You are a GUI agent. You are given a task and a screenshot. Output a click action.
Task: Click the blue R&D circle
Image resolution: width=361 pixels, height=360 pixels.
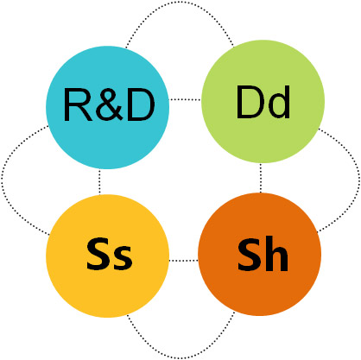point(107,107)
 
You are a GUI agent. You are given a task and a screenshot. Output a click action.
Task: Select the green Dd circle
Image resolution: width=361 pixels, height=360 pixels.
point(263,101)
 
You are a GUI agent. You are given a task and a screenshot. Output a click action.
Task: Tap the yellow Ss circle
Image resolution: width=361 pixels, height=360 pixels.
point(107,256)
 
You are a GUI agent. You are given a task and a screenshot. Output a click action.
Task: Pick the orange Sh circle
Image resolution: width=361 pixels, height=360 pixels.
point(259,254)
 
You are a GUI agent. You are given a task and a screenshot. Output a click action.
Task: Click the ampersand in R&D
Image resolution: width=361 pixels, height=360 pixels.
point(110,104)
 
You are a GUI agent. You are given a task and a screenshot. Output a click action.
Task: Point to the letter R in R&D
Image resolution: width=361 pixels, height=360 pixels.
point(78,104)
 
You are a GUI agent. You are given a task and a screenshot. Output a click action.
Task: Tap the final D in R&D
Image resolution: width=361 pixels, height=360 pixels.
point(141,104)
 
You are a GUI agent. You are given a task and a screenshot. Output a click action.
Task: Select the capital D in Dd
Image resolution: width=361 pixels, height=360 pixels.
point(250,102)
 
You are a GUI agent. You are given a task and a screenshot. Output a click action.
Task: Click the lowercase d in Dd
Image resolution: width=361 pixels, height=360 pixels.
point(278,102)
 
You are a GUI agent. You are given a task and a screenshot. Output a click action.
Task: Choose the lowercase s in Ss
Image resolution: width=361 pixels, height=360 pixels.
point(123,258)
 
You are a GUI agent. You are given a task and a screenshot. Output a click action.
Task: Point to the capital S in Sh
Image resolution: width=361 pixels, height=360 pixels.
point(250,254)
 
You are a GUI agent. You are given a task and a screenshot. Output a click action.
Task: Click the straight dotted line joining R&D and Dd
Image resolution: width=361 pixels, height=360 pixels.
point(185,99)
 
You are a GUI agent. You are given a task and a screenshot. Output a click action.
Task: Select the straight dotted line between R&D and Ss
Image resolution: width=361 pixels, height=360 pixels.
point(99,182)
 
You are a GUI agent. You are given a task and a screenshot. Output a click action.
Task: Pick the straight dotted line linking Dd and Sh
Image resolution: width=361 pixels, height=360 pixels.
point(261,178)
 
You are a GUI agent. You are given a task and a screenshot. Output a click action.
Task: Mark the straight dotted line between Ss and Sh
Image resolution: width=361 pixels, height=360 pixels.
point(184,261)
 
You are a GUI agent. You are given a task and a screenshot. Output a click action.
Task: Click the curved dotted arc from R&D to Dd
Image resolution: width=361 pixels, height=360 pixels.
point(179,3)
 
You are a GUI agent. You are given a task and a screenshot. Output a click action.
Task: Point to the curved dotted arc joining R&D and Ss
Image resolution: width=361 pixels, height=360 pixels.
point(3,180)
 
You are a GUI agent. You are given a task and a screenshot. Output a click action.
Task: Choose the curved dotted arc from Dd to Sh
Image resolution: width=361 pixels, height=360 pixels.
point(358,179)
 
